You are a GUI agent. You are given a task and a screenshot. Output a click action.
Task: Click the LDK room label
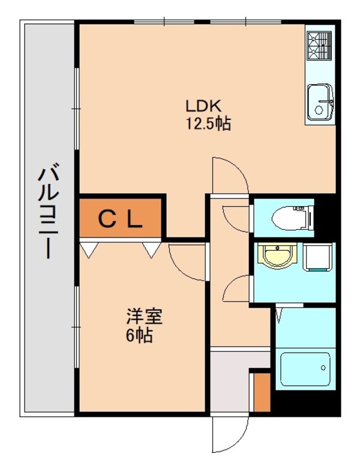[x=204, y=107]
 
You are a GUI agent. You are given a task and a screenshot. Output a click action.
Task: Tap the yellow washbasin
[x=277, y=257]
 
